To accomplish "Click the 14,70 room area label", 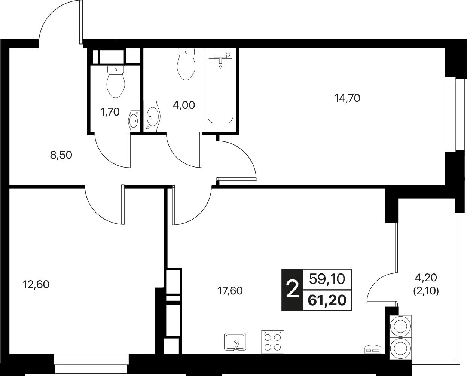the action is (347, 98).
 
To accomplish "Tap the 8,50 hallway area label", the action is (61, 155).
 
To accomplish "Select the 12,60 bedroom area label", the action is (36, 284).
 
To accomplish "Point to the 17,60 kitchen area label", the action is (230, 291).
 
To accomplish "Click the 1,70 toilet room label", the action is (110, 112).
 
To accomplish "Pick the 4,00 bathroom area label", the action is (184, 105).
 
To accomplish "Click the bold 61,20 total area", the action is (327, 301).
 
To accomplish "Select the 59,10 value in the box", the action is (327, 279).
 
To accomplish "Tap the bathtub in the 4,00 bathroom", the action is (220, 91).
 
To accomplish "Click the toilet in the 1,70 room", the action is (116, 82).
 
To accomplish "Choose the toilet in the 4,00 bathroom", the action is (186, 64).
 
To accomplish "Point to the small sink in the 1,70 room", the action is (135, 120).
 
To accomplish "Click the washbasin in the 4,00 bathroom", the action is (152, 116).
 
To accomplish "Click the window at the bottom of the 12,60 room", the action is (91, 366).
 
